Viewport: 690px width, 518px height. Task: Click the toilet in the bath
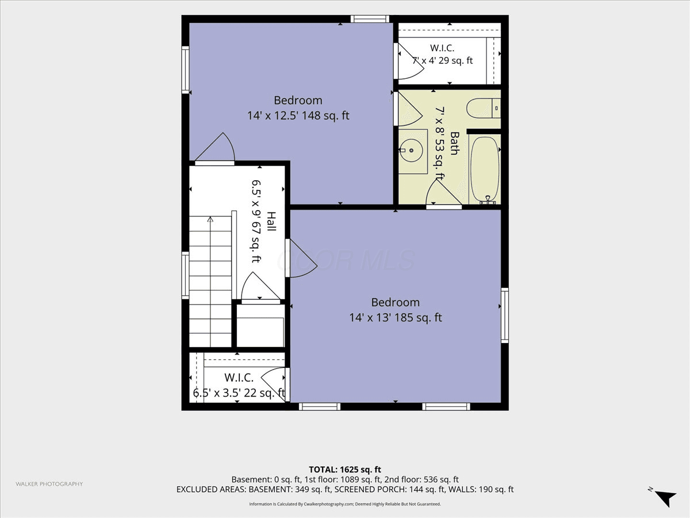483,108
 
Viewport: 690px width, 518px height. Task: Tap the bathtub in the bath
484,170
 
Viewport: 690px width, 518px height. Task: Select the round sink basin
412,151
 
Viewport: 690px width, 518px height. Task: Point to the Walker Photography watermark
49,484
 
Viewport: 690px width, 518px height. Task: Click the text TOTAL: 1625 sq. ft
345,470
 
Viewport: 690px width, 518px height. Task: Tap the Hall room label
271,222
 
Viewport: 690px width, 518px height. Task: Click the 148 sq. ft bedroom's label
298,108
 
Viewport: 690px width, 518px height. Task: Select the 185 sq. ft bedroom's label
396,310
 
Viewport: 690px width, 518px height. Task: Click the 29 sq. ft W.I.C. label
442,54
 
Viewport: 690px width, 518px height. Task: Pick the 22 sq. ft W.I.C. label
239,385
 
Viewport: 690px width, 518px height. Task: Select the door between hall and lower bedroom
301,258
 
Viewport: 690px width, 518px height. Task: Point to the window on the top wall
370,19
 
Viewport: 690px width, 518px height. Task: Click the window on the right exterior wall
504,315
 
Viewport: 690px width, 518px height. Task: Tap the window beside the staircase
186,275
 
